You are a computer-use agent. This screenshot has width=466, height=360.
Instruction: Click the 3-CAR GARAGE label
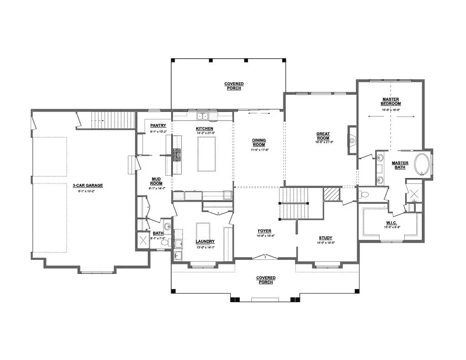tap(88, 185)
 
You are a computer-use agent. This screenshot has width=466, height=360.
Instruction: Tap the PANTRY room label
tap(158, 126)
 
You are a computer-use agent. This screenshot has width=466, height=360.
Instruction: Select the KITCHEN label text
tap(204, 129)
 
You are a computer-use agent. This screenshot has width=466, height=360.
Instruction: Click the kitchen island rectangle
tap(206, 153)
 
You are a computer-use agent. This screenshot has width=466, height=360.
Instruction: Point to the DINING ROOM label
tap(258, 142)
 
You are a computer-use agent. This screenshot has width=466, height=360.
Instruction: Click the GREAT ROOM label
tap(323, 136)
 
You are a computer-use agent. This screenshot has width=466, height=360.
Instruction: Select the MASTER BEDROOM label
tap(391, 101)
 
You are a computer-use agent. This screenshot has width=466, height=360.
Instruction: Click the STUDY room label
tap(325, 238)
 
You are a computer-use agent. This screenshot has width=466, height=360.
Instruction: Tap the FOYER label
tap(265, 231)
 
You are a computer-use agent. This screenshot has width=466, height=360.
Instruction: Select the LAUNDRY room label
tap(205, 241)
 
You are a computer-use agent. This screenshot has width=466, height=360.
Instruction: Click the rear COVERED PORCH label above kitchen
tap(233, 86)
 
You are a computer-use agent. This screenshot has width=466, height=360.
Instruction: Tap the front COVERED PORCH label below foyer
tap(265, 280)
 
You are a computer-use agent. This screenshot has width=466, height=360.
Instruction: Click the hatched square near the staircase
tap(332, 194)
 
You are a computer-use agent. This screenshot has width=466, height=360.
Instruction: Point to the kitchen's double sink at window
tap(203, 117)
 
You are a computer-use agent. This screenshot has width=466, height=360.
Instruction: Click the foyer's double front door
tap(265, 257)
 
